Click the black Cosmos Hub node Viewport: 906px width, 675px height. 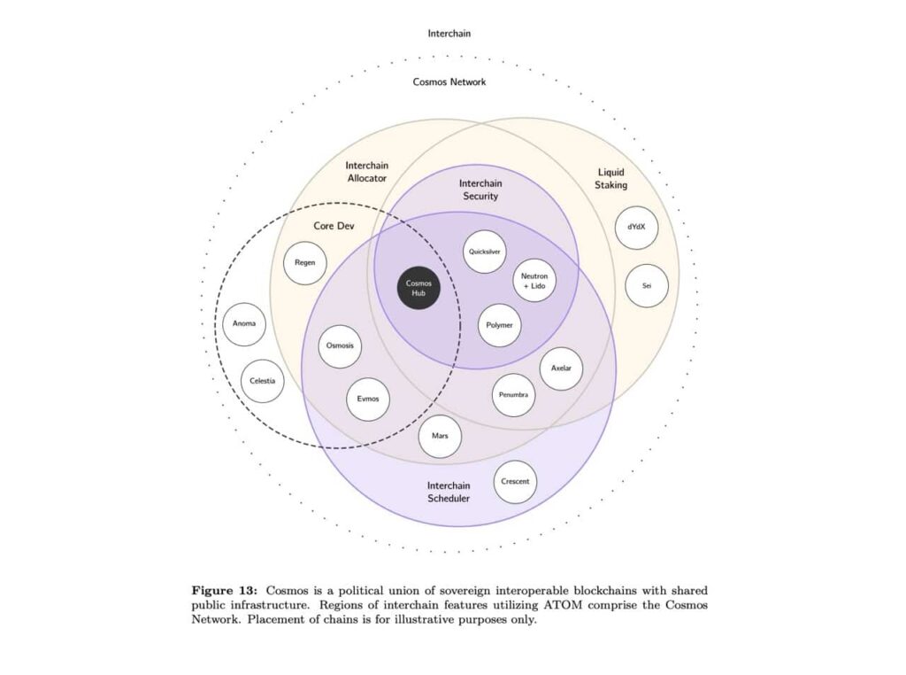[x=418, y=288]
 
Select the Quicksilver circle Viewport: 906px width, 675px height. [x=486, y=251]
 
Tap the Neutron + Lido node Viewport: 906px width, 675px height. [x=534, y=281]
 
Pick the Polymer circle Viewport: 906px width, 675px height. [x=500, y=325]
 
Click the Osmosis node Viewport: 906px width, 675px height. [x=340, y=345]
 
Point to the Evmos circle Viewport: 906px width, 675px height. [x=368, y=399]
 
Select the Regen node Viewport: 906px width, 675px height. [x=304, y=263]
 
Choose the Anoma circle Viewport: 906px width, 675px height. [x=244, y=324]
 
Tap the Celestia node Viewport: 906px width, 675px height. [x=263, y=381]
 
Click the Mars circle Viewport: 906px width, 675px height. [x=440, y=437]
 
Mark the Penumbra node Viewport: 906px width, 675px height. [x=514, y=394]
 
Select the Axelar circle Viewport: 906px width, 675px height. [x=561, y=368]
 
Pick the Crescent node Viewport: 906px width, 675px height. [x=515, y=482]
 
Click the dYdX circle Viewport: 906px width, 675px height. [x=636, y=227]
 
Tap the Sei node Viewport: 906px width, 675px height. [x=646, y=286]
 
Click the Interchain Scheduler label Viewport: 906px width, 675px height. [x=449, y=492]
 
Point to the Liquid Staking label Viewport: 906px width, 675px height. [x=611, y=178]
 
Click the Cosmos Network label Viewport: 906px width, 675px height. [x=449, y=81]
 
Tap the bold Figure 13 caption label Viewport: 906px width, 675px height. [x=226, y=590]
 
